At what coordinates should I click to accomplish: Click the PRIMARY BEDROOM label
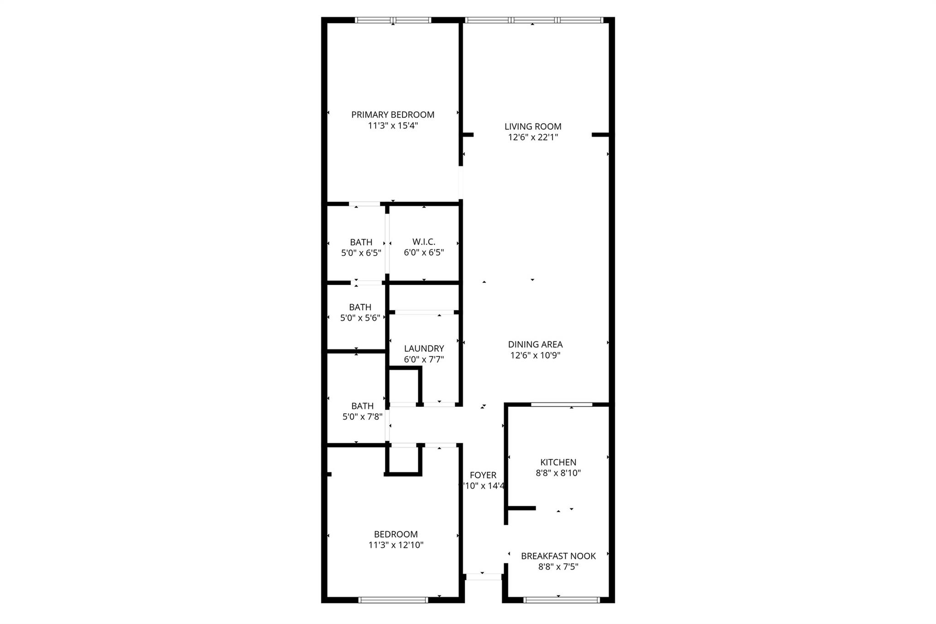coord(393,115)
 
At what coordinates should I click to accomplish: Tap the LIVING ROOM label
coord(533,127)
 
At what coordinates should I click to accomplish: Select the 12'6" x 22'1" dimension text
coord(533,137)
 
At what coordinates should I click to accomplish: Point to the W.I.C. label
coord(424,242)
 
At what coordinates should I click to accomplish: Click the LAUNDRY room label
coord(424,348)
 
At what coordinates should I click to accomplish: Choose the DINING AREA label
coord(535,345)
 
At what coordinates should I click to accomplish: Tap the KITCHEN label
coord(558,462)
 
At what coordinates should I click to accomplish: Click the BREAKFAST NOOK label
coord(558,556)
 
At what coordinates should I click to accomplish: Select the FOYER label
coord(483,475)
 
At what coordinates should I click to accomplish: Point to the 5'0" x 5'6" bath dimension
coord(360,318)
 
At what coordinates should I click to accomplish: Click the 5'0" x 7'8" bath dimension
coord(362,417)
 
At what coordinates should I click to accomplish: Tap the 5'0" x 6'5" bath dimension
coord(361,253)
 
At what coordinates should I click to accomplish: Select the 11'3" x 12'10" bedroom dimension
coord(396,545)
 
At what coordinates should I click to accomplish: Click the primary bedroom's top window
coord(393,20)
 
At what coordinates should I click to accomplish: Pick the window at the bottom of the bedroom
coord(393,600)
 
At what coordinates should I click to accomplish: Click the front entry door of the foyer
coord(484,577)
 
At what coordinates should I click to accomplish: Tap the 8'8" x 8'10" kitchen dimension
coord(558,473)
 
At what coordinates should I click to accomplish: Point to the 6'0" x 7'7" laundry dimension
coord(424,359)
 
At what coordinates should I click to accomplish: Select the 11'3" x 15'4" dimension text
coord(393,126)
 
